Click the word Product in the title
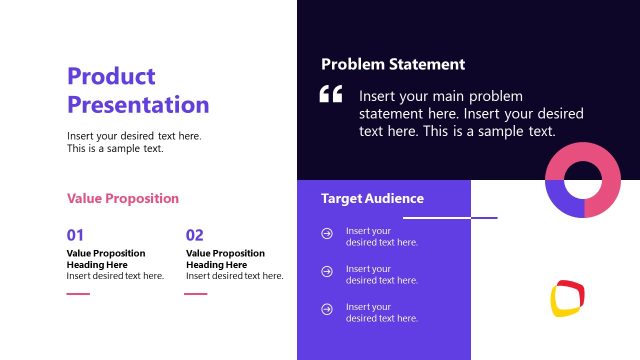pyautogui.click(x=111, y=76)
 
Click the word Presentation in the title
pyautogui.click(x=138, y=105)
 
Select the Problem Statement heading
pyautogui.click(x=393, y=64)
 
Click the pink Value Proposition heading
pyautogui.click(x=123, y=199)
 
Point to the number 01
pyautogui.click(x=75, y=235)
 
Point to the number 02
pyautogui.click(x=194, y=235)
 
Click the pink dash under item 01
pyautogui.click(x=78, y=294)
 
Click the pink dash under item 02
pyautogui.click(x=196, y=294)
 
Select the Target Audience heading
pyautogui.click(x=372, y=199)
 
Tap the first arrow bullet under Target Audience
pyautogui.click(x=327, y=234)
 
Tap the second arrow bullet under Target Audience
pyautogui.click(x=327, y=271)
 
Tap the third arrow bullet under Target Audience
pyautogui.click(x=327, y=309)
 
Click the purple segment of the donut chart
pyautogui.click(x=564, y=204)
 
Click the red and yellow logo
pyautogui.click(x=567, y=298)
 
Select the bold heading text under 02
pyautogui.click(x=225, y=259)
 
